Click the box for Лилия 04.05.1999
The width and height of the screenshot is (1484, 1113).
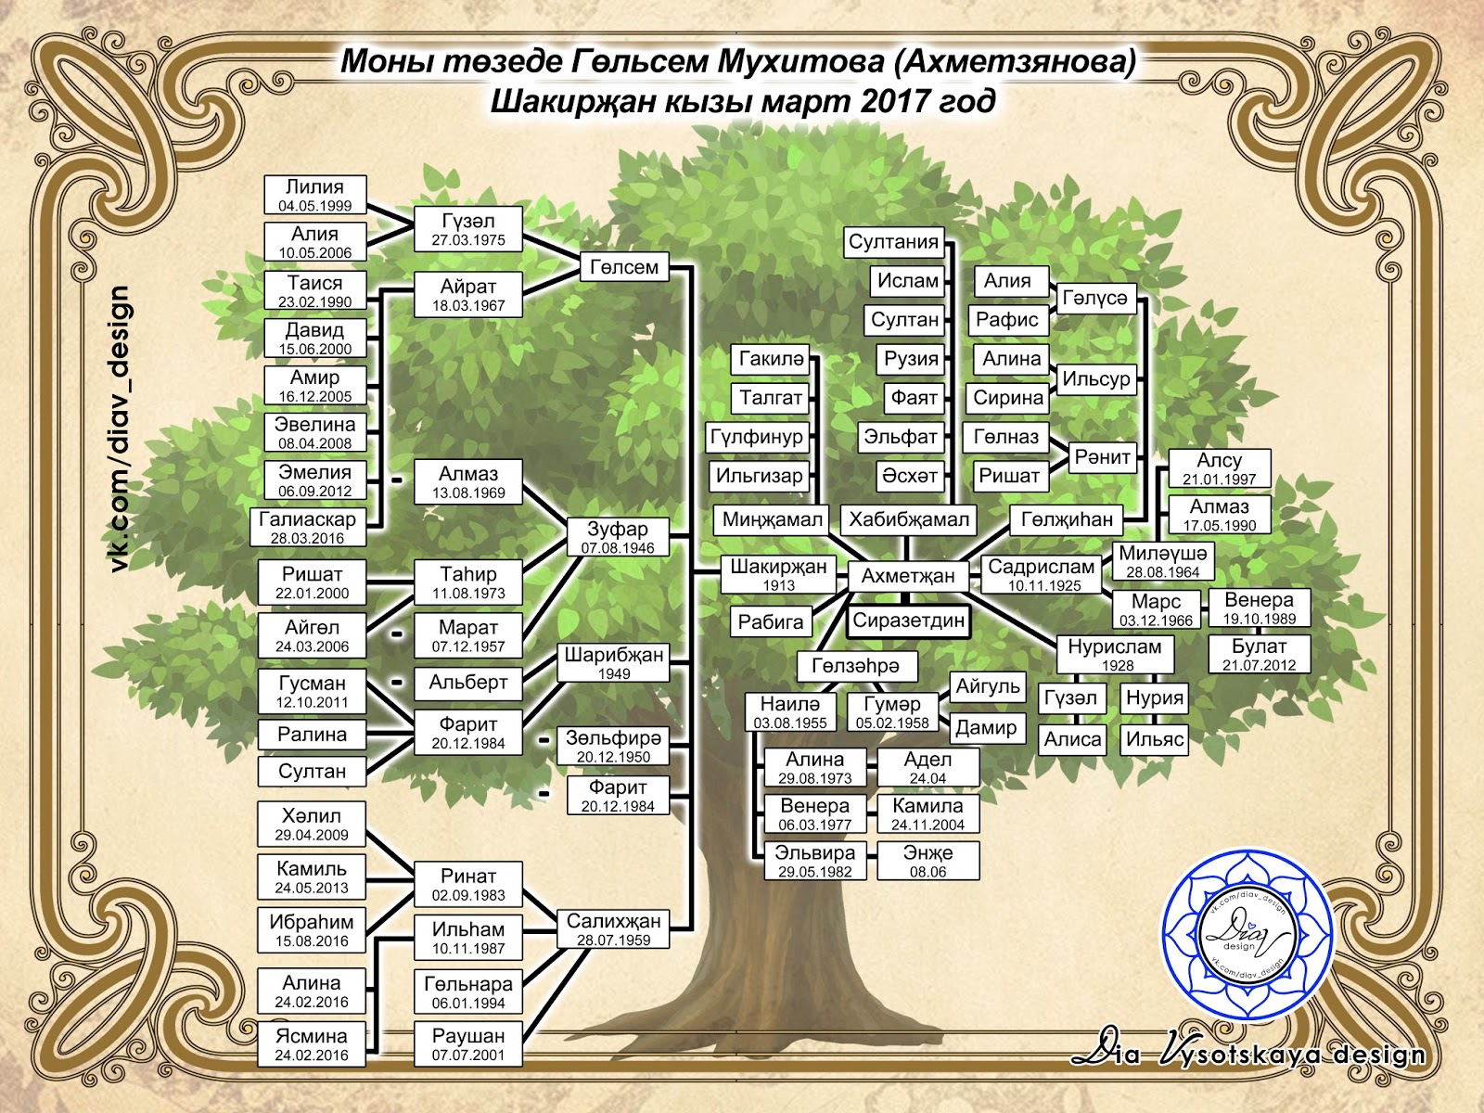(314, 196)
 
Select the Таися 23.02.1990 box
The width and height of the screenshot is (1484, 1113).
(314, 291)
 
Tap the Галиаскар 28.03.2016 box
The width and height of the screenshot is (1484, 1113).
(307, 527)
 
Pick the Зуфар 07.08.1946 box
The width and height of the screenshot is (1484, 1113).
(617, 537)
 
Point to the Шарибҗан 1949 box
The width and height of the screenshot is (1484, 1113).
(613, 662)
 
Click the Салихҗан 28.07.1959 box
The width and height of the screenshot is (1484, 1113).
(613, 929)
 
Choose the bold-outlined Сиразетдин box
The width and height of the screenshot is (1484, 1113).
(908, 621)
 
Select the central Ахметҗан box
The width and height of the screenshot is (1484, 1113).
(907, 576)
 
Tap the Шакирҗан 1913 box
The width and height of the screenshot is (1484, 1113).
(778, 574)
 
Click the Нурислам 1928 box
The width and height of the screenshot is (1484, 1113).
(1115, 654)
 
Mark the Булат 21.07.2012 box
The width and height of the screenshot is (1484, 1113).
(1259, 654)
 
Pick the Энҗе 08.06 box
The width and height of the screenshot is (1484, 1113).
(927, 861)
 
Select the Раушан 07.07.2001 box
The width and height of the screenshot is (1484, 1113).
(468, 1043)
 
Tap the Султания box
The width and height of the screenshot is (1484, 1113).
(893, 242)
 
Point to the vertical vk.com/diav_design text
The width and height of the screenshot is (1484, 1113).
(119, 427)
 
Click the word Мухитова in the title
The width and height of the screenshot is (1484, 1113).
(798, 61)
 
